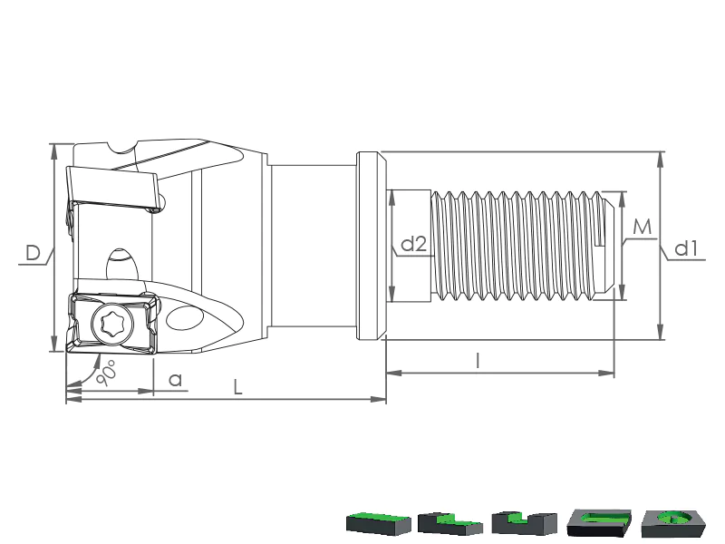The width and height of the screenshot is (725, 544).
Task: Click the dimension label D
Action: pos(33,253)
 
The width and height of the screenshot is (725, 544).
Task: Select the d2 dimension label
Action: pos(414,244)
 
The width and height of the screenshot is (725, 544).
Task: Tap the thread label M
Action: pos(643,228)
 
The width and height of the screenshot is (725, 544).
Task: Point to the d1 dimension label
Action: pos(686,248)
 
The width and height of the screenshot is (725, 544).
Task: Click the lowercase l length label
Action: pos(478,360)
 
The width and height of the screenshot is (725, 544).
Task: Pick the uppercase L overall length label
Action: pos(237,387)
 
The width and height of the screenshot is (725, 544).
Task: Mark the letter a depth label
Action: pos(175,380)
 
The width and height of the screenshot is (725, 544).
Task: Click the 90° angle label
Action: pos(107,374)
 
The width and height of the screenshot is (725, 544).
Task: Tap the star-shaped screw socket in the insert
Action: pos(112,323)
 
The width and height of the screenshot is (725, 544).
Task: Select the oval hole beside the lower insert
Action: pos(184,317)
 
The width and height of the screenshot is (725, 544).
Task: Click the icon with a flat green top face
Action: pos(378,523)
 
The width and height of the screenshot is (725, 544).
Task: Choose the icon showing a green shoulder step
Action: pos(449,523)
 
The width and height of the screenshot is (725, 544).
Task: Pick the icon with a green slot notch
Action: pos(524,523)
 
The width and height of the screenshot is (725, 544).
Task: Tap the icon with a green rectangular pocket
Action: pos(599,523)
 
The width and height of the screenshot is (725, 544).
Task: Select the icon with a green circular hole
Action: pos(673,523)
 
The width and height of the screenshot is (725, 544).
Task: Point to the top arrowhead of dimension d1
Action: pos(661,159)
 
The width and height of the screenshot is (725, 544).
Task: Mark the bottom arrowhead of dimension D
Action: pos(54,344)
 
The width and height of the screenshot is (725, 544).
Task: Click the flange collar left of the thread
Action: pos(372,246)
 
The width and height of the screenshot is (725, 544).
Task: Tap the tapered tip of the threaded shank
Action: pos(609,246)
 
